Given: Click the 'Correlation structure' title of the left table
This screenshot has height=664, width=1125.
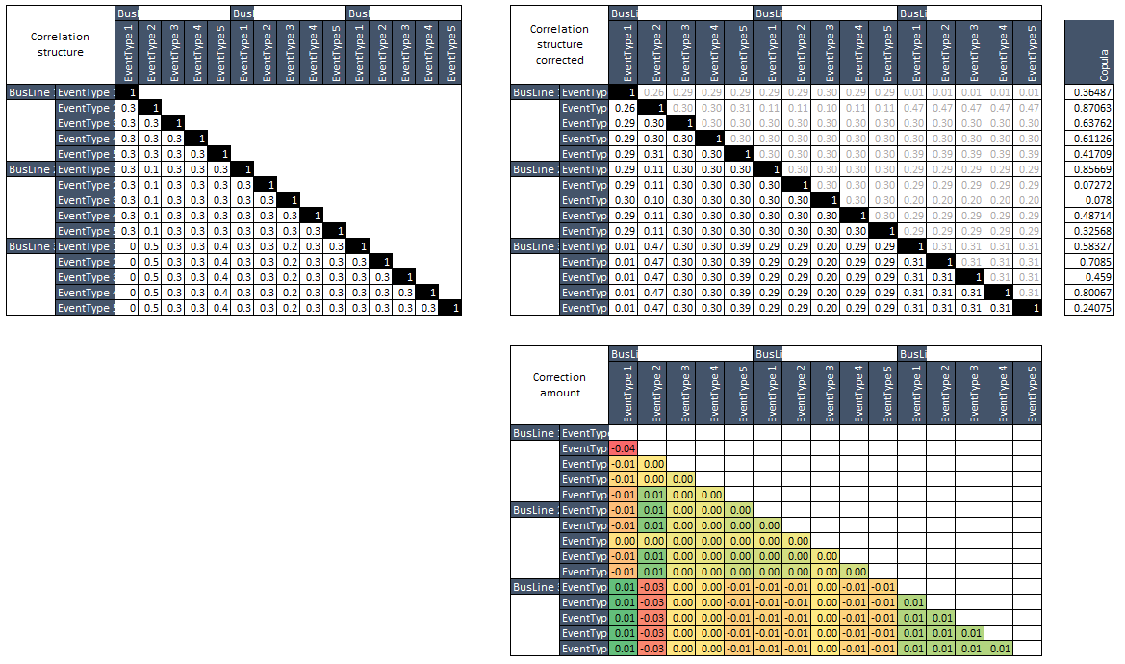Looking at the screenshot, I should pyautogui.click(x=61, y=44).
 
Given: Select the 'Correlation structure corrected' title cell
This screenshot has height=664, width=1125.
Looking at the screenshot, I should pyautogui.click(x=559, y=44).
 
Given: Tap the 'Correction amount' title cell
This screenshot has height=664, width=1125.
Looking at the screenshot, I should pyautogui.click(x=559, y=386).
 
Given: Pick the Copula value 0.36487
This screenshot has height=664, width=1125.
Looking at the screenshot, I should pyautogui.click(x=1089, y=92).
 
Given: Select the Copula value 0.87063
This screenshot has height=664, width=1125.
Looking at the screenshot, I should pyautogui.click(x=1089, y=108).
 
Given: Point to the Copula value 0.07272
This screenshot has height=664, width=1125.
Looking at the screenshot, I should pyautogui.click(x=1089, y=185).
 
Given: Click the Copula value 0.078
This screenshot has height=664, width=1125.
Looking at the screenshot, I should pyautogui.click(x=1089, y=200).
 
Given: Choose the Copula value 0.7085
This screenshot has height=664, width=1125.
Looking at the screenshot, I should pyautogui.click(x=1089, y=262).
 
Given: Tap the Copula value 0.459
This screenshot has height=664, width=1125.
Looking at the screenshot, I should pyautogui.click(x=1089, y=277).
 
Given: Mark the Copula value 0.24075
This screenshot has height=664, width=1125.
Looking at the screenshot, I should pyautogui.click(x=1089, y=308).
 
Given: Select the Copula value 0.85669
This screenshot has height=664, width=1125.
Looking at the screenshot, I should pyautogui.click(x=1089, y=169).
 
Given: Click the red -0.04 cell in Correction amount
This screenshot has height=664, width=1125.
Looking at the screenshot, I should pyautogui.click(x=623, y=448).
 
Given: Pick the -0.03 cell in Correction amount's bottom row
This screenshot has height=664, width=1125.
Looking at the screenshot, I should pyautogui.click(x=652, y=649).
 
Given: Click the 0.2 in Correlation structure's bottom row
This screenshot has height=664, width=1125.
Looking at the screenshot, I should pyautogui.click(x=290, y=308).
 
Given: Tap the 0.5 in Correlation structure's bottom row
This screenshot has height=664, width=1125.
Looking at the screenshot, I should pyautogui.click(x=151, y=308).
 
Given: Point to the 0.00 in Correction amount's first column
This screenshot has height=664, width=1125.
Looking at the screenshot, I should pyautogui.click(x=623, y=541).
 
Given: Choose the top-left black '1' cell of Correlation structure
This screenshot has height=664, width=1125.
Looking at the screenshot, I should pyautogui.click(x=128, y=92).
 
